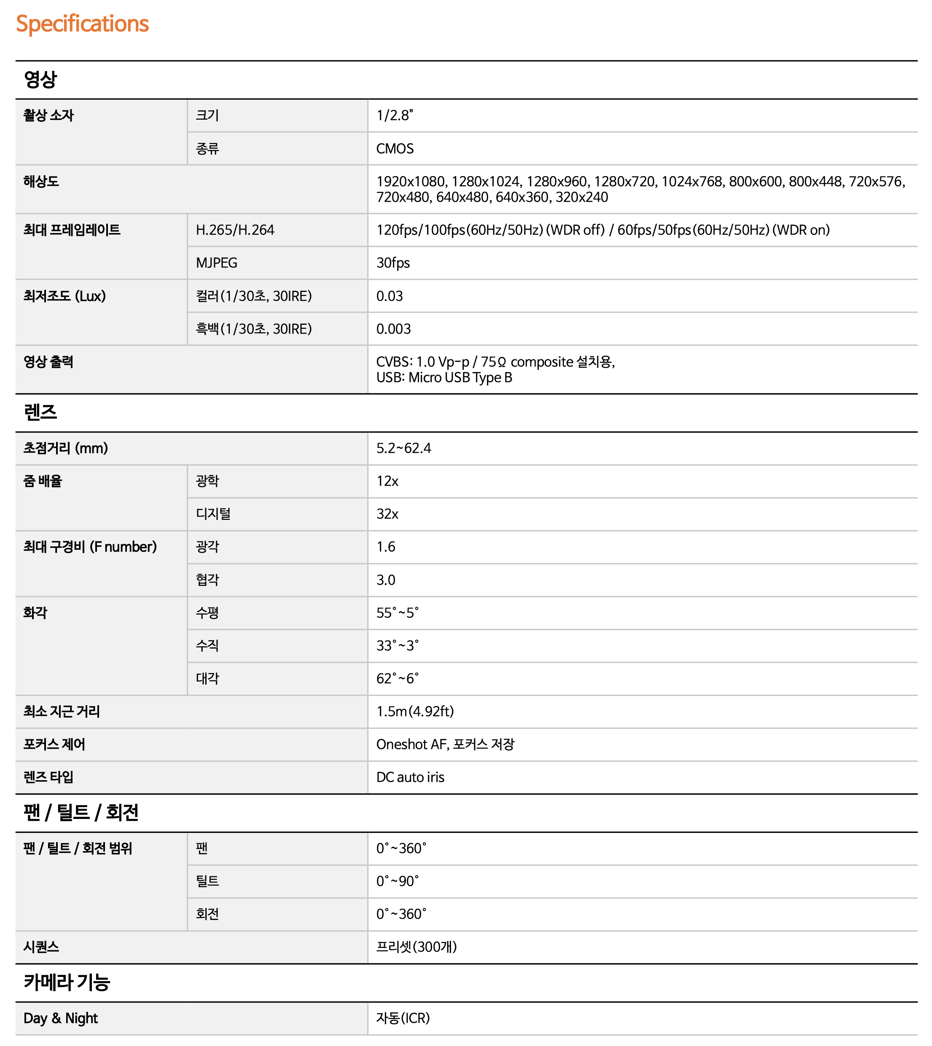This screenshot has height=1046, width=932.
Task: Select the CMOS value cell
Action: (395, 149)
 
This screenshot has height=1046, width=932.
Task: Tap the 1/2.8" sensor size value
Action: (394, 116)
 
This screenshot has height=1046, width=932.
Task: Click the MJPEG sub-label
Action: (217, 263)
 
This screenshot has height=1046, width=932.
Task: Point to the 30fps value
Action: (393, 263)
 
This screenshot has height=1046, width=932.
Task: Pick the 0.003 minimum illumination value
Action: (393, 329)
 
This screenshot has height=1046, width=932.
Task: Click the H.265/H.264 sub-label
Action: (235, 230)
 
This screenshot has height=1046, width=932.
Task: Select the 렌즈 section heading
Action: (40, 412)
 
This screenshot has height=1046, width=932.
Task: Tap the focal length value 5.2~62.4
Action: (403, 448)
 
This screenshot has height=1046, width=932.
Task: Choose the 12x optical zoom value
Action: (387, 481)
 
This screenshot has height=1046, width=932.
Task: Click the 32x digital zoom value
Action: (387, 514)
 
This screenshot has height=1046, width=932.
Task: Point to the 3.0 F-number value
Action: (386, 580)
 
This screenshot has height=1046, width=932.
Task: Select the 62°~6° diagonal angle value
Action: (398, 679)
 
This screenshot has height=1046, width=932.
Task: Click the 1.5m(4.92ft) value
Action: (415, 712)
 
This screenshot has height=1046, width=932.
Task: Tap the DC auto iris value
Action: (410, 777)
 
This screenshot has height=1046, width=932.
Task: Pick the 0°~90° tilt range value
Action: (398, 881)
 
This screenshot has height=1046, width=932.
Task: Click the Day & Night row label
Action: (60, 1018)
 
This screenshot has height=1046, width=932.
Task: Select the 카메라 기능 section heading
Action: (67, 982)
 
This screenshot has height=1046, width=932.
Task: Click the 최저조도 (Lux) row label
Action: (64, 296)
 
